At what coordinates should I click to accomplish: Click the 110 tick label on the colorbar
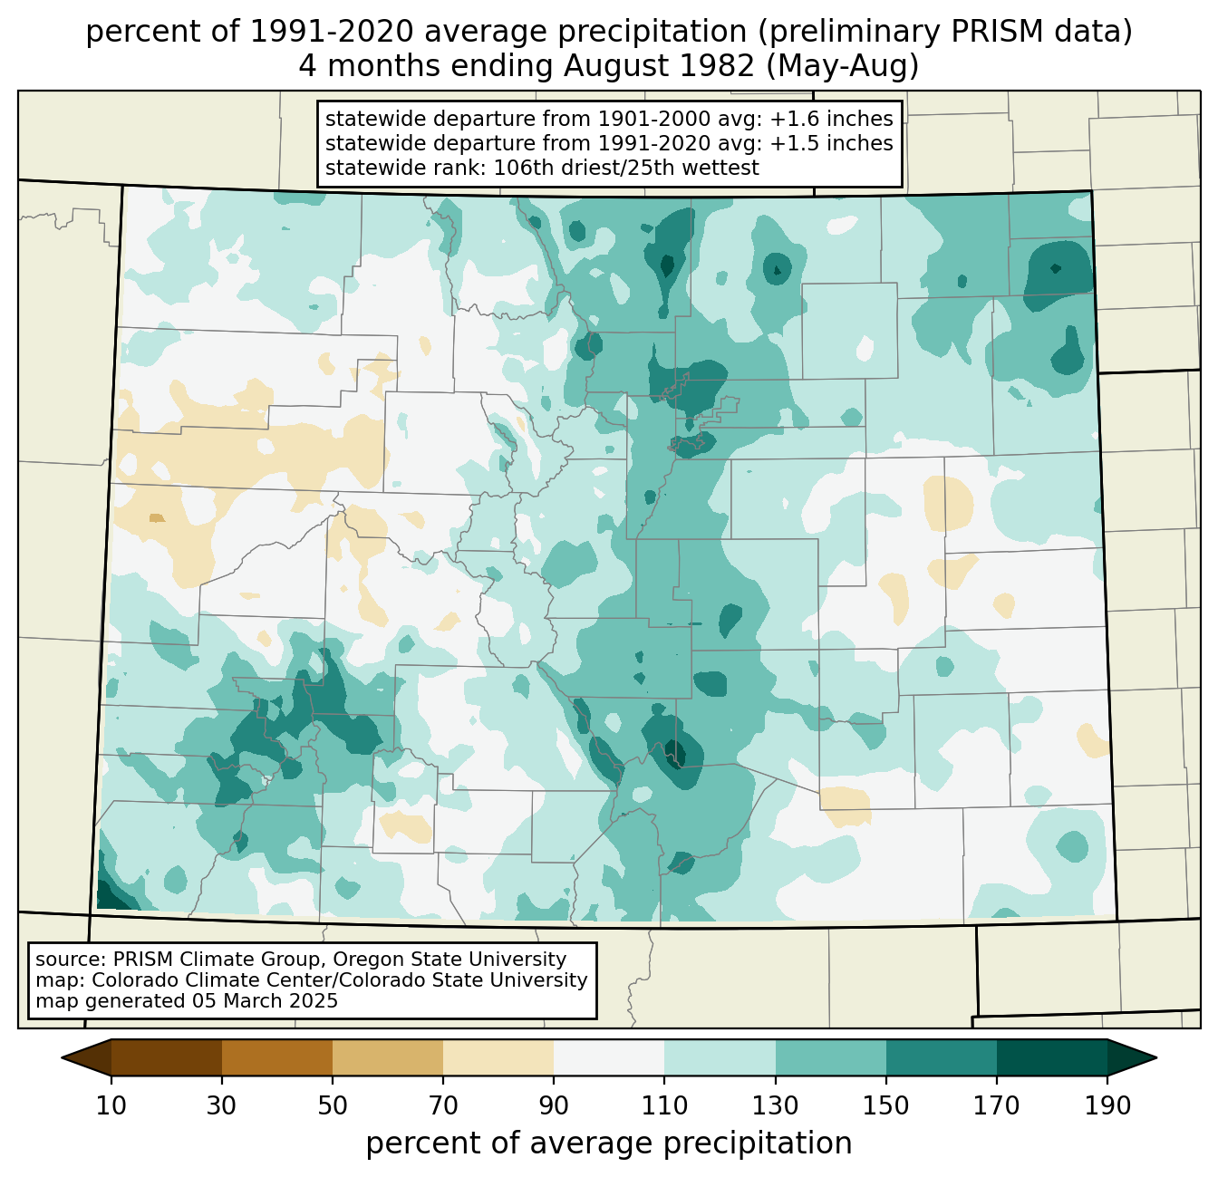(x=664, y=1106)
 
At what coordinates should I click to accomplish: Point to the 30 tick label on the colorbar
(x=222, y=1106)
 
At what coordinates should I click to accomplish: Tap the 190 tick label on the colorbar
(x=1107, y=1106)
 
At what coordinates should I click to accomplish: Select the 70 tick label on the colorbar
(x=443, y=1106)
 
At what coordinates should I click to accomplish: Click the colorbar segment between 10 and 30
(x=167, y=1057)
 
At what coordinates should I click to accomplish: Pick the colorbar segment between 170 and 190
(x=1052, y=1057)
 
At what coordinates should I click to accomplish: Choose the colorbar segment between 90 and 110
(x=609, y=1057)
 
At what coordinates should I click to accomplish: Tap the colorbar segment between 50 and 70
(x=388, y=1057)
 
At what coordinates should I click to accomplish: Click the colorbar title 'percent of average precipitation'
(x=609, y=1143)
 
